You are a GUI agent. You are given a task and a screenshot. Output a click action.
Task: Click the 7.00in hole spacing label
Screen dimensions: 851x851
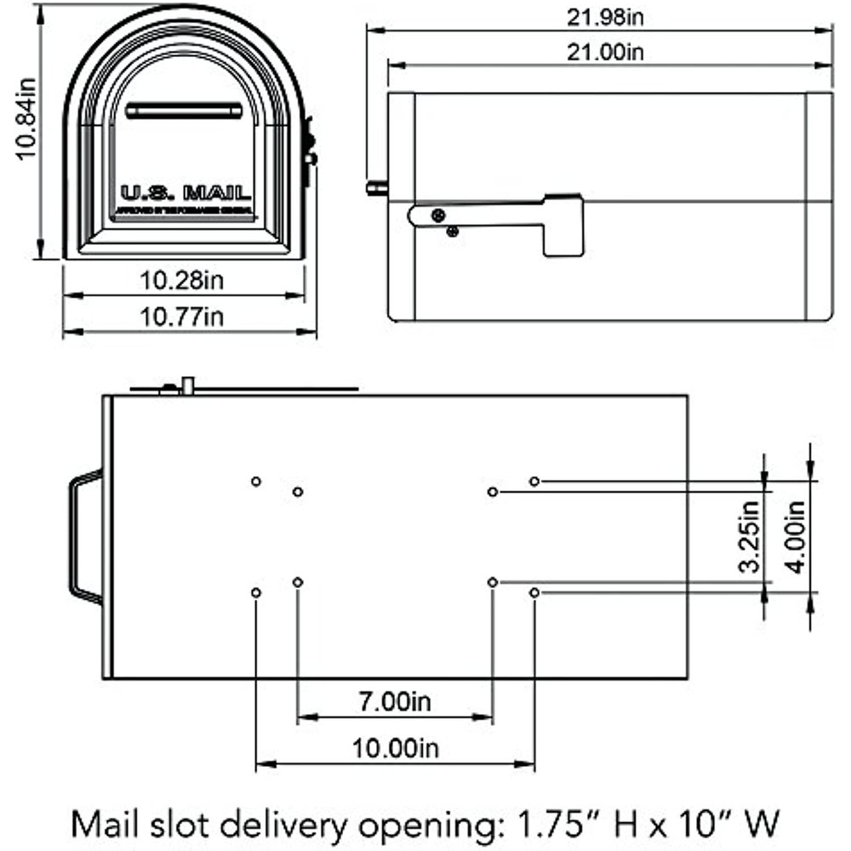point(394,702)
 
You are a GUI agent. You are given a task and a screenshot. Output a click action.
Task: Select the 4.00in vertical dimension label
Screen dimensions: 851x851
point(795,536)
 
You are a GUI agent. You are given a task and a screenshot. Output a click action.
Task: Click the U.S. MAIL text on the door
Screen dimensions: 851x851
point(186,191)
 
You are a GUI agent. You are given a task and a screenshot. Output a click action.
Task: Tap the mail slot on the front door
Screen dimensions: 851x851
point(184,111)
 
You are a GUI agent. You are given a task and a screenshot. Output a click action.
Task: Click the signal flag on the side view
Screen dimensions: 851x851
point(562,224)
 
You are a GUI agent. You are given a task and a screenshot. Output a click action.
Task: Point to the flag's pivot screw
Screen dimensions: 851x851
point(437,215)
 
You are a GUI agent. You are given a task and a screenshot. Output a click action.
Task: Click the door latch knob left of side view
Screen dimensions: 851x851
point(375,187)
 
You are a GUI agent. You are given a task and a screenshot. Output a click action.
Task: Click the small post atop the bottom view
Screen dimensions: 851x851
point(189,385)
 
